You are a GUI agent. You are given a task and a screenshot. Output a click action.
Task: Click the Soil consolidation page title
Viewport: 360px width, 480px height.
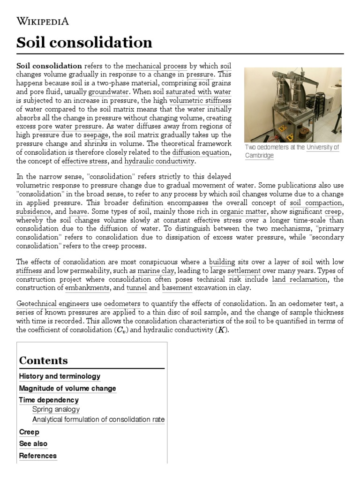tap(84, 43)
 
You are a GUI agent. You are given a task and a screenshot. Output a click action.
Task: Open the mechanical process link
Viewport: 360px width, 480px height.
tap(156, 66)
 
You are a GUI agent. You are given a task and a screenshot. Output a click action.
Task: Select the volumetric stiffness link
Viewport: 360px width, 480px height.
tap(200, 100)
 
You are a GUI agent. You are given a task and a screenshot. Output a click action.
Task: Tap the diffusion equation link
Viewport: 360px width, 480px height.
tap(201, 152)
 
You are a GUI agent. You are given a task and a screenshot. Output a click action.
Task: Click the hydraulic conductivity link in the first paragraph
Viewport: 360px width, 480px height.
tap(159, 161)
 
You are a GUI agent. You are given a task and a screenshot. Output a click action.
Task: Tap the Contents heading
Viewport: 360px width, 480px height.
tap(43, 360)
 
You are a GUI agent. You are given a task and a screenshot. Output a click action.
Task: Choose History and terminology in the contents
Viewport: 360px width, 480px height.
tap(60, 376)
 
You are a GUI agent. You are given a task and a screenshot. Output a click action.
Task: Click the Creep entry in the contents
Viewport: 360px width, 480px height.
tap(29, 432)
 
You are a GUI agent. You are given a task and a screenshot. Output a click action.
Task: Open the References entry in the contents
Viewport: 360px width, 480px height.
tap(37, 456)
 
